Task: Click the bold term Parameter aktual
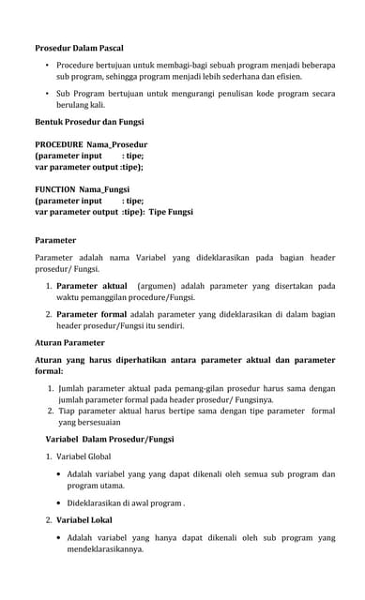click(x=91, y=286)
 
